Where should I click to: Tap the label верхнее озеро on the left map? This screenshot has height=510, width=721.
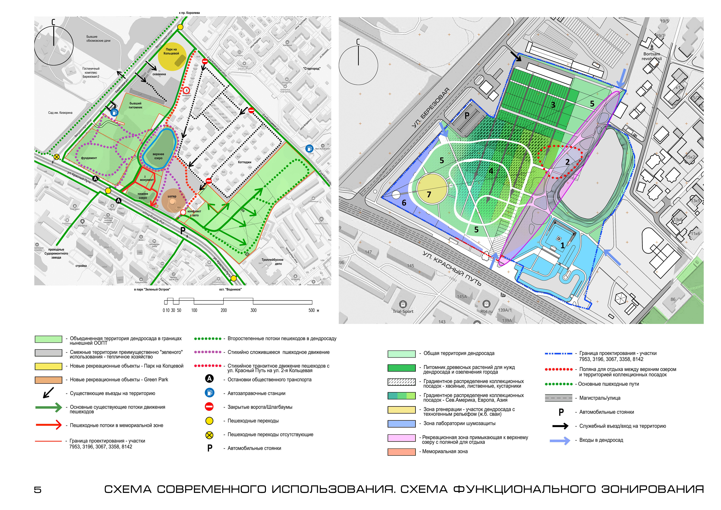tap(158, 156)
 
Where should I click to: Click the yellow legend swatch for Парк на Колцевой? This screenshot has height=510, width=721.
tap(48, 366)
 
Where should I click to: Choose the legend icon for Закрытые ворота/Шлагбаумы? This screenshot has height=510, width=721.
tap(209, 407)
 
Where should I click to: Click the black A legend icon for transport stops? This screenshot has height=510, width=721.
tap(209, 379)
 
